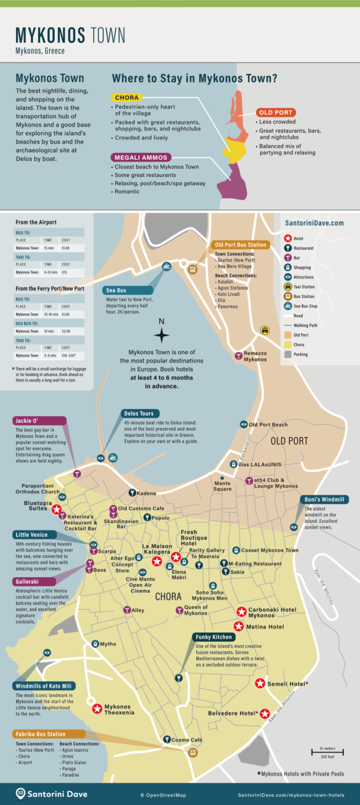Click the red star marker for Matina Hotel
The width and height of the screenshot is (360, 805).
[x=238, y=627]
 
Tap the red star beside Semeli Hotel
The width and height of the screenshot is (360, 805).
[x=260, y=684]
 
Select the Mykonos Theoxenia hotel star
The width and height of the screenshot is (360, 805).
[x=97, y=709]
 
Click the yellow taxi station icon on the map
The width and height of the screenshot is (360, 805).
[x=265, y=331]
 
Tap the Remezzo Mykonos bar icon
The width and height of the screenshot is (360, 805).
[x=237, y=356]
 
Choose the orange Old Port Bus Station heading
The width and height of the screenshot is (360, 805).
[x=241, y=245]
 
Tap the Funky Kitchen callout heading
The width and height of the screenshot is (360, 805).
[x=213, y=637]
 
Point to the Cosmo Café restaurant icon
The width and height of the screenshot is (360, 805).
[x=167, y=740]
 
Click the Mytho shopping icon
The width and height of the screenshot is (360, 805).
[x=95, y=644]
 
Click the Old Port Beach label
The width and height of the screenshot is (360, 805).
[x=268, y=425]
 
